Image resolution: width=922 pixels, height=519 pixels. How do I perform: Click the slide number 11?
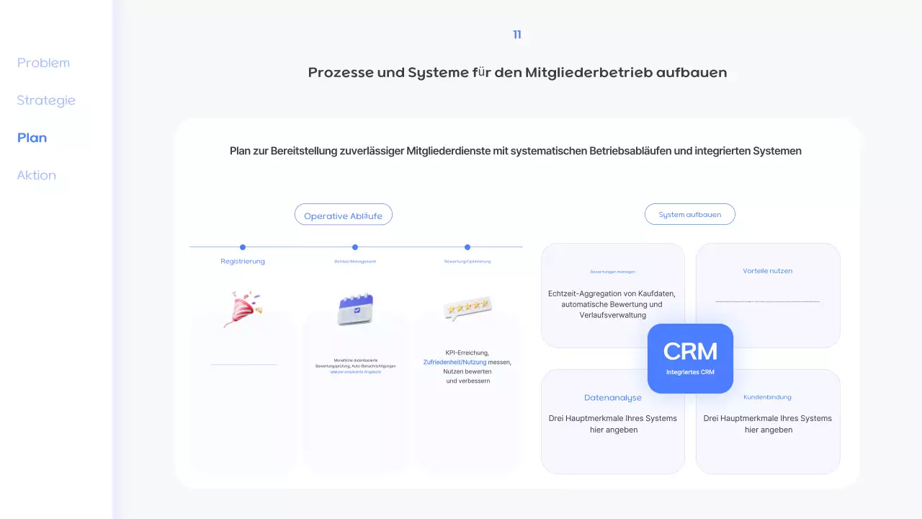pyautogui.click(x=517, y=35)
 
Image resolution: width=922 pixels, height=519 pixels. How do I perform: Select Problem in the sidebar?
pyautogui.click(x=43, y=63)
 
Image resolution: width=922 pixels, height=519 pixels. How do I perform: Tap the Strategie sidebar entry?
pyautogui.click(x=46, y=100)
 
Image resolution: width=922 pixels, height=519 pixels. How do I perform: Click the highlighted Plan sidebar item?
pyautogui.click(x=32, y=138)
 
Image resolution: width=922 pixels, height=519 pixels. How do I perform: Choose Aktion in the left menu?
pyautogui.click(x=36, y=175)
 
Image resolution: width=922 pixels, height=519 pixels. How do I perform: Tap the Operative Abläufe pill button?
pyautogui.click(x=343, y=215)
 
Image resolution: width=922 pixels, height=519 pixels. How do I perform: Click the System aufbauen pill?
pyautogui.click(x=689, y=214)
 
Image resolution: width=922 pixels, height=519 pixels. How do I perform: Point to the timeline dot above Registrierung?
pyautogui.click(x=243, y=247)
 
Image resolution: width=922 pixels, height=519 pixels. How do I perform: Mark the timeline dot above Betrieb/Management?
pyautogui.click(x=355, y=247)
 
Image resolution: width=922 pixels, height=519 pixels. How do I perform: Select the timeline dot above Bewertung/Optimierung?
pyautogui.click(x=467, y=247)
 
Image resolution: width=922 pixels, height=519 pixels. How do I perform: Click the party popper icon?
pyautogui.click(x=243, y=309)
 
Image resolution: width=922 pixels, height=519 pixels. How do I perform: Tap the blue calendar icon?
pyautogui.click(x=355, y=309)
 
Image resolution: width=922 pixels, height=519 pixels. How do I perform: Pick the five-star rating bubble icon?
pyautogui.click(x=467, y=308)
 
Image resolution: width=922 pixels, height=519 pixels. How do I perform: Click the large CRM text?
pyautogui.click(x=690, y=352)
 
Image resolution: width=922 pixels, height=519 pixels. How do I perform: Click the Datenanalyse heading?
pyautogui.click(x=612, y=397)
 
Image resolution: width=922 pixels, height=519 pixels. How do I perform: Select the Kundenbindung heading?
pyautogui.click(x=767, y=397)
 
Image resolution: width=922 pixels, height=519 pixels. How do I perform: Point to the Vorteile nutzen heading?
pyautogui.click(x=767, y=271)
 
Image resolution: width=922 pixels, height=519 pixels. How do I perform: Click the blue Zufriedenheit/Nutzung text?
pyautogui.click(x=455, y=362)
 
